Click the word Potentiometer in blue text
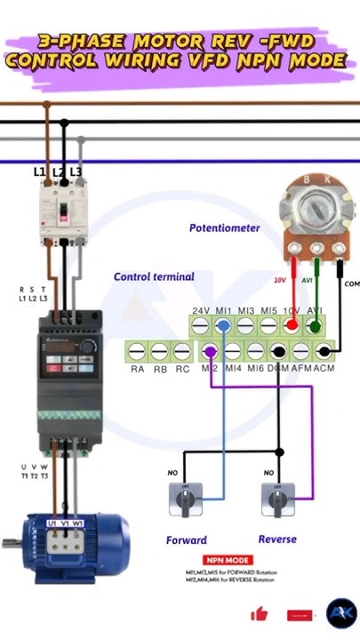224,228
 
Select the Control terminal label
153,276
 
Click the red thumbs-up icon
260,613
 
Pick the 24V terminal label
201,311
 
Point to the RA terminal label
137,368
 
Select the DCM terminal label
278,368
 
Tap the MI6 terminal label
255,368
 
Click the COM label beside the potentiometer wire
352,284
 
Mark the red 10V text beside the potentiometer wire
279,280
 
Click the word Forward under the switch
187,540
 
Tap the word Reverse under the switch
277,539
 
